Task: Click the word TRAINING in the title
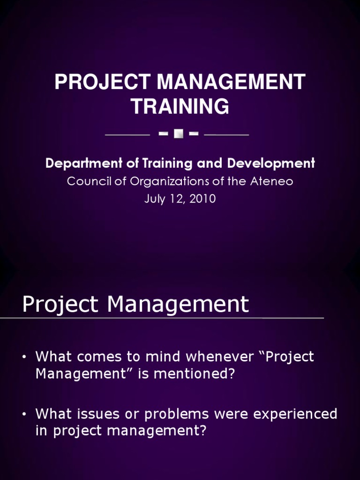pos(180,106)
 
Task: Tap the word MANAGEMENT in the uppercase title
pos(231,82)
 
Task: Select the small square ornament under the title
pos(179,134)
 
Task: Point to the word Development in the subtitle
pos(271,164)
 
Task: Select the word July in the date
pos(155,199)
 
